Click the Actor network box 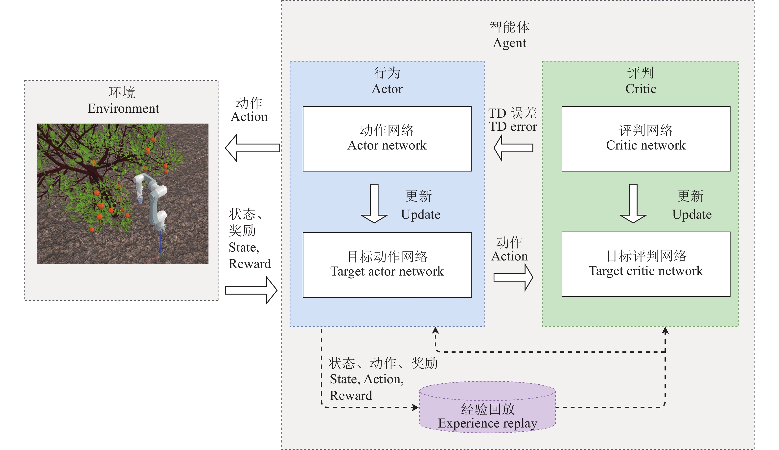387,139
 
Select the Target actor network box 387,265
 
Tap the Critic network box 645,139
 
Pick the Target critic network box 645,264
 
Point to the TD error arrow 513,148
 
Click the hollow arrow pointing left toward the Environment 252,148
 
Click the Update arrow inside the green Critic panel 633,204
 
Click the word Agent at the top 509,43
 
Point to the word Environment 123,108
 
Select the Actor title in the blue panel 387,89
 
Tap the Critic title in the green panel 641,89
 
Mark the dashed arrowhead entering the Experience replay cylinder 415,407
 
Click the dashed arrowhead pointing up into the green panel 665,331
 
